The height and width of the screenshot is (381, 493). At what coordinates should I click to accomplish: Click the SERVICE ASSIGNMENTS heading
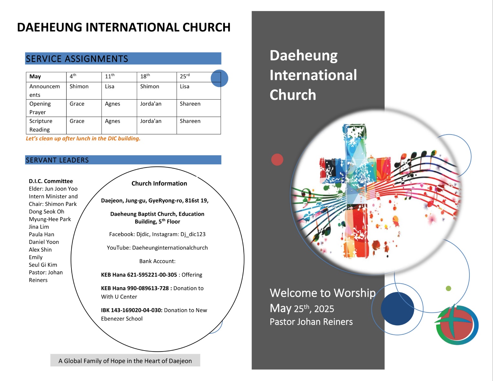click(x=77, y=59)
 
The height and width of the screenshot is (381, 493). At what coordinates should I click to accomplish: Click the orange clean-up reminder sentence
click(x=83, y=138)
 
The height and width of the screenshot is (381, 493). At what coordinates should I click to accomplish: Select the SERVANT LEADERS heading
click(x=57, y=160)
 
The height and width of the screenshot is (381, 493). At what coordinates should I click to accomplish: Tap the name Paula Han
click(x=41, y=234)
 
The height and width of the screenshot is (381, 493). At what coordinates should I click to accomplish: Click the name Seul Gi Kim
click(x=43, y=265)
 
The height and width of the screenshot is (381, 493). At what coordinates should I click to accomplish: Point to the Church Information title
click(x=159, y=183)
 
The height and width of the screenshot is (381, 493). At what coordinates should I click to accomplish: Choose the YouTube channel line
click(x=157, y=247)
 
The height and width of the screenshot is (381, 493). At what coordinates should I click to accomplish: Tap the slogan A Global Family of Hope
click(x=125, y=361)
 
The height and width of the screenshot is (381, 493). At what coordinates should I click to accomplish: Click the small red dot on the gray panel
click(x=277, y=159)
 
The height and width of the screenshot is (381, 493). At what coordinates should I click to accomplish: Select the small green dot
click(x=448, y=288)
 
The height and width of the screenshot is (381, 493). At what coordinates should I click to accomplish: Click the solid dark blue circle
click(x=397, y=309)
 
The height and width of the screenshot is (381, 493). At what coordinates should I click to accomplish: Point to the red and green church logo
click(x=456, y=324)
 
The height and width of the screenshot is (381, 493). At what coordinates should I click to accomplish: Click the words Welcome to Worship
click(x=323, y=293)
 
